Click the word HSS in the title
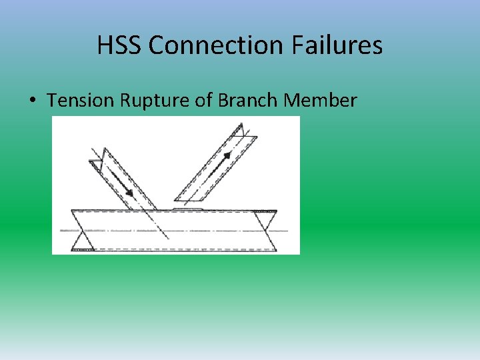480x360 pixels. pos(120,45)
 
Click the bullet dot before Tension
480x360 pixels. pos(32,101)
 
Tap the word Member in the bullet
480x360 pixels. pos(321,101)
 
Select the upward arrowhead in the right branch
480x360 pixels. pos(229,155)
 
